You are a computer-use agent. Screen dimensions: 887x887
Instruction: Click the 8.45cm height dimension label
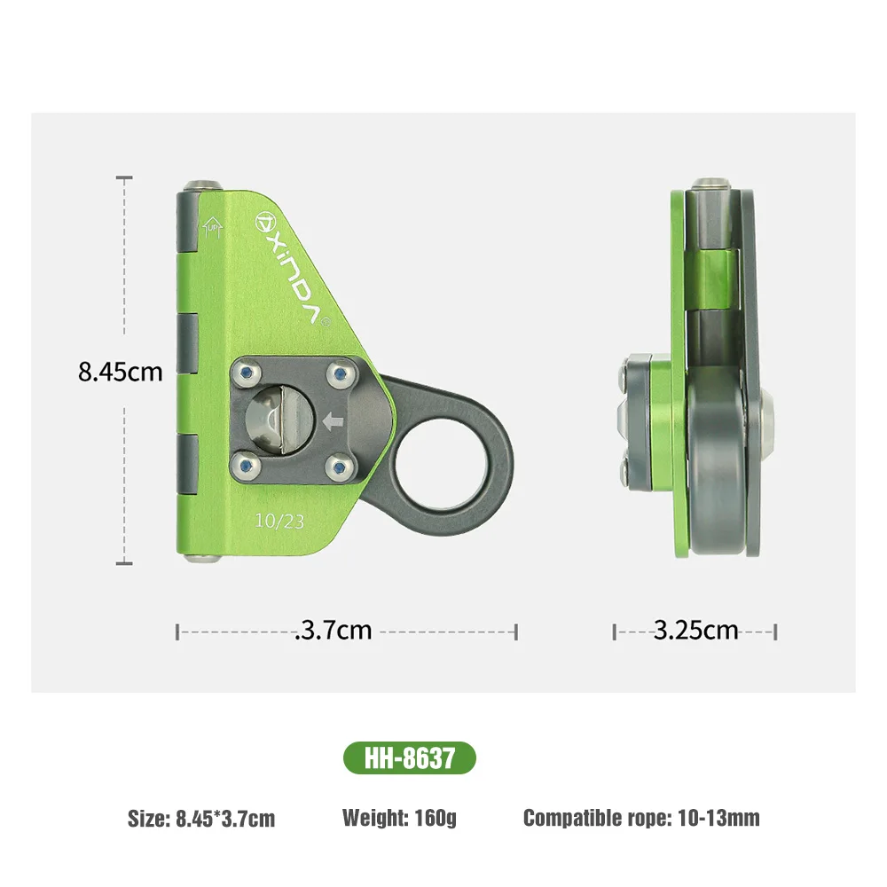pos(121,371)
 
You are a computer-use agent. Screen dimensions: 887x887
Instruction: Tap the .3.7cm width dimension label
pos(333,631)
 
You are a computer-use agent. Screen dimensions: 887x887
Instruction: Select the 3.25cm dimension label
pos(695,631)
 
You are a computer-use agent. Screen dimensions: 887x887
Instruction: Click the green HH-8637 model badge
pos(409,758)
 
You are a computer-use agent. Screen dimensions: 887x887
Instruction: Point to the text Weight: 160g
pos(399,817)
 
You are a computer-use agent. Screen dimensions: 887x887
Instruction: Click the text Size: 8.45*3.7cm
pos(201,818)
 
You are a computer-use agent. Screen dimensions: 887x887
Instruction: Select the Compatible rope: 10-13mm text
pos(640,817)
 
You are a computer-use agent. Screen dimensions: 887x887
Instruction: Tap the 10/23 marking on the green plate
pos(279,522)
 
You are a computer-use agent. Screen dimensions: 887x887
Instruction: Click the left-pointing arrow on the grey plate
pos(334,421)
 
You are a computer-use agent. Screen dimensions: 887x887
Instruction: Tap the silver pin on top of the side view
pos(710,184)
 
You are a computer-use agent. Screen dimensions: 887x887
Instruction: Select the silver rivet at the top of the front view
pos(204,184)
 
